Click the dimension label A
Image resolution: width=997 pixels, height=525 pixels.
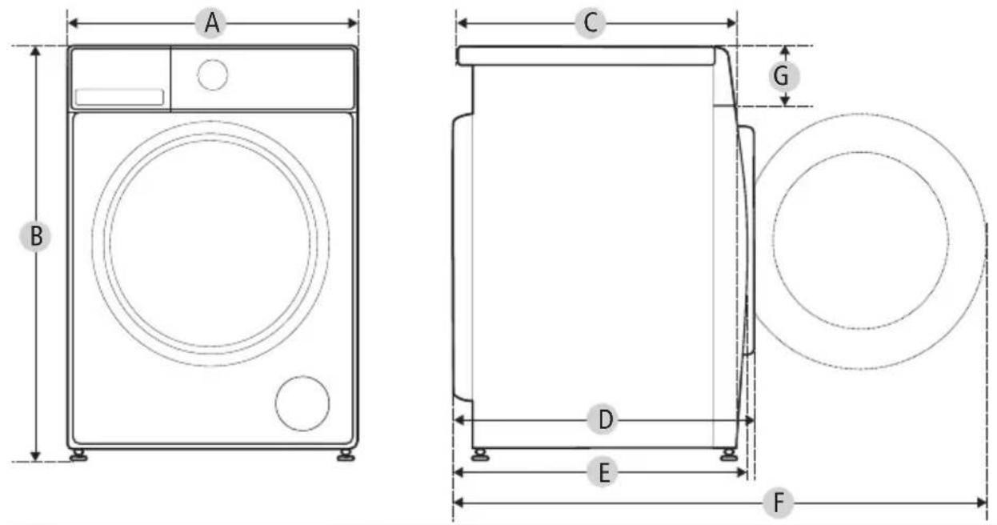pyautogui.click(x=211, y=23)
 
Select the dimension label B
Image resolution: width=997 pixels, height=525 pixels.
pyautogui.click(x=35, y=236)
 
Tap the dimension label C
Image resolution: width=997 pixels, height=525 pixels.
pyautogui.click(x=591, y=22)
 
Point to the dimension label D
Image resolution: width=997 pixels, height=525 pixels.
pyautogui.click(x=603, y=419)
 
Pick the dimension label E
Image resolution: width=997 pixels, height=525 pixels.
pyautogui.click(x=603, y=472)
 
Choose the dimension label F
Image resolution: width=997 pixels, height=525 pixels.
pyautogui.click(x=778, y=503)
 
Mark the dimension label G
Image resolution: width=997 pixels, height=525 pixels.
pyautogui.click(x=784, y=76)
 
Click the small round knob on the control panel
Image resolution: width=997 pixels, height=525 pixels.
pyautogui.click(x=213, y=74)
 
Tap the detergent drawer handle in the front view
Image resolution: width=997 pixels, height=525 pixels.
pyautogui.click(x=119, y=97)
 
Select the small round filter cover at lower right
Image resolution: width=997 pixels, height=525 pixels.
pyautogui.click(x=302, y=403)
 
